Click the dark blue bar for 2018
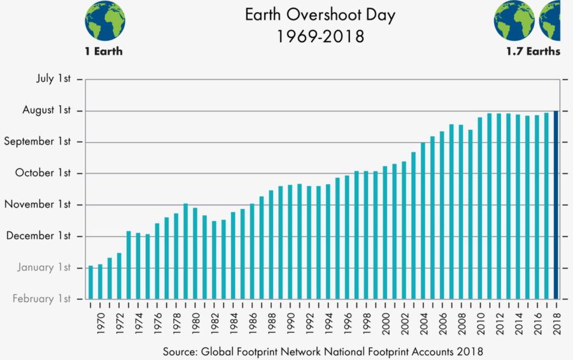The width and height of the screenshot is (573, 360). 556,205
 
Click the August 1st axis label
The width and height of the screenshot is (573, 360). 46,110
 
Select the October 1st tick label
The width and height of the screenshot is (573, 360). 44,173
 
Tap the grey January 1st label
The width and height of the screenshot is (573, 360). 44,267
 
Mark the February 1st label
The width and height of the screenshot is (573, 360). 41,298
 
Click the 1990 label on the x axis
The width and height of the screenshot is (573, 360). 290,322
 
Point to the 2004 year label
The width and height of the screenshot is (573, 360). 423,322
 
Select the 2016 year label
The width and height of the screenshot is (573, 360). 537,322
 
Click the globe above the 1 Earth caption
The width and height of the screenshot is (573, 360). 104,20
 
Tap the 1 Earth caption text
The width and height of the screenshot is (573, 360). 104,52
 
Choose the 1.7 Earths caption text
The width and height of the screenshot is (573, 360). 533,52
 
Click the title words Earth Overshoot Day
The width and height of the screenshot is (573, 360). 320,15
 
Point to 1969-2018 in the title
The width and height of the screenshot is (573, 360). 320,36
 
